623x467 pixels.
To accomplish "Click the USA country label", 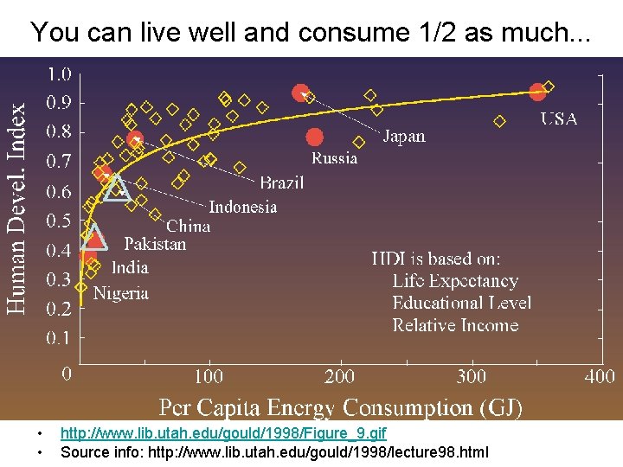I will (x=559, y=119).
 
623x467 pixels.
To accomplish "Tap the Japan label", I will (x=404, y=137).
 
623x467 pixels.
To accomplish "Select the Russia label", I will (x=334, y=158).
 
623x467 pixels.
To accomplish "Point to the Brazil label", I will (x=281, y=182).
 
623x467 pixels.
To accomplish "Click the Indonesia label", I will (x=242, y=207).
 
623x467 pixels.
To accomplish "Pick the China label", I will (x=188, y=226).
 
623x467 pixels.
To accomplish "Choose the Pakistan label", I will (x=154, y=244).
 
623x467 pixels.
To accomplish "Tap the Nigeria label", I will (x=120, y=293).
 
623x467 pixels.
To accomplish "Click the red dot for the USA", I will (x=537, y=90).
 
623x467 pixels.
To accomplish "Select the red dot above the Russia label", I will (x=314, y=137).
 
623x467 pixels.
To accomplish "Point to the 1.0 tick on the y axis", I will (x=59, y=74).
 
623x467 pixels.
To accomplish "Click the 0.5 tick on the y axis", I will (x=59, y=221).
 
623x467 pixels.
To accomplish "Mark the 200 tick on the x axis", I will (x=339, y=376).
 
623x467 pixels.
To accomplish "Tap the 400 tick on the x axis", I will (x=599, y=376).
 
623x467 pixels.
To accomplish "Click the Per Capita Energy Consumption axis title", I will (x=340, y=406).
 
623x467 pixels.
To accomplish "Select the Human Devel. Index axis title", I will (x=17, y=208).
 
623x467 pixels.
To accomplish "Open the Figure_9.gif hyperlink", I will (x=223, y=432).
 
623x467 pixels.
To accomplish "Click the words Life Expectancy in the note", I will (x=454, y=281).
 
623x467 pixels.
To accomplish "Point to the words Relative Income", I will (x=455, y=325).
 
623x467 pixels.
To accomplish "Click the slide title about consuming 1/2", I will (x=311, y=33).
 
